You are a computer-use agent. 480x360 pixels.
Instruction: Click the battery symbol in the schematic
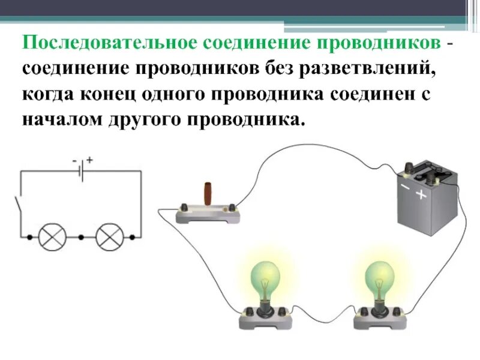pos(82,171)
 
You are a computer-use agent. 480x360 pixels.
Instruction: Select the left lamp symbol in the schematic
pos(52,237)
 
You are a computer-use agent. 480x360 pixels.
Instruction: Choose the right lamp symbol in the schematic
pos(110,237)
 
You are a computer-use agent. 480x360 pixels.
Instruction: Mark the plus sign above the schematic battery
pos(89,160)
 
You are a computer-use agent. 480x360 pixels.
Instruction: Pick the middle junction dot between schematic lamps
pos(81,237)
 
